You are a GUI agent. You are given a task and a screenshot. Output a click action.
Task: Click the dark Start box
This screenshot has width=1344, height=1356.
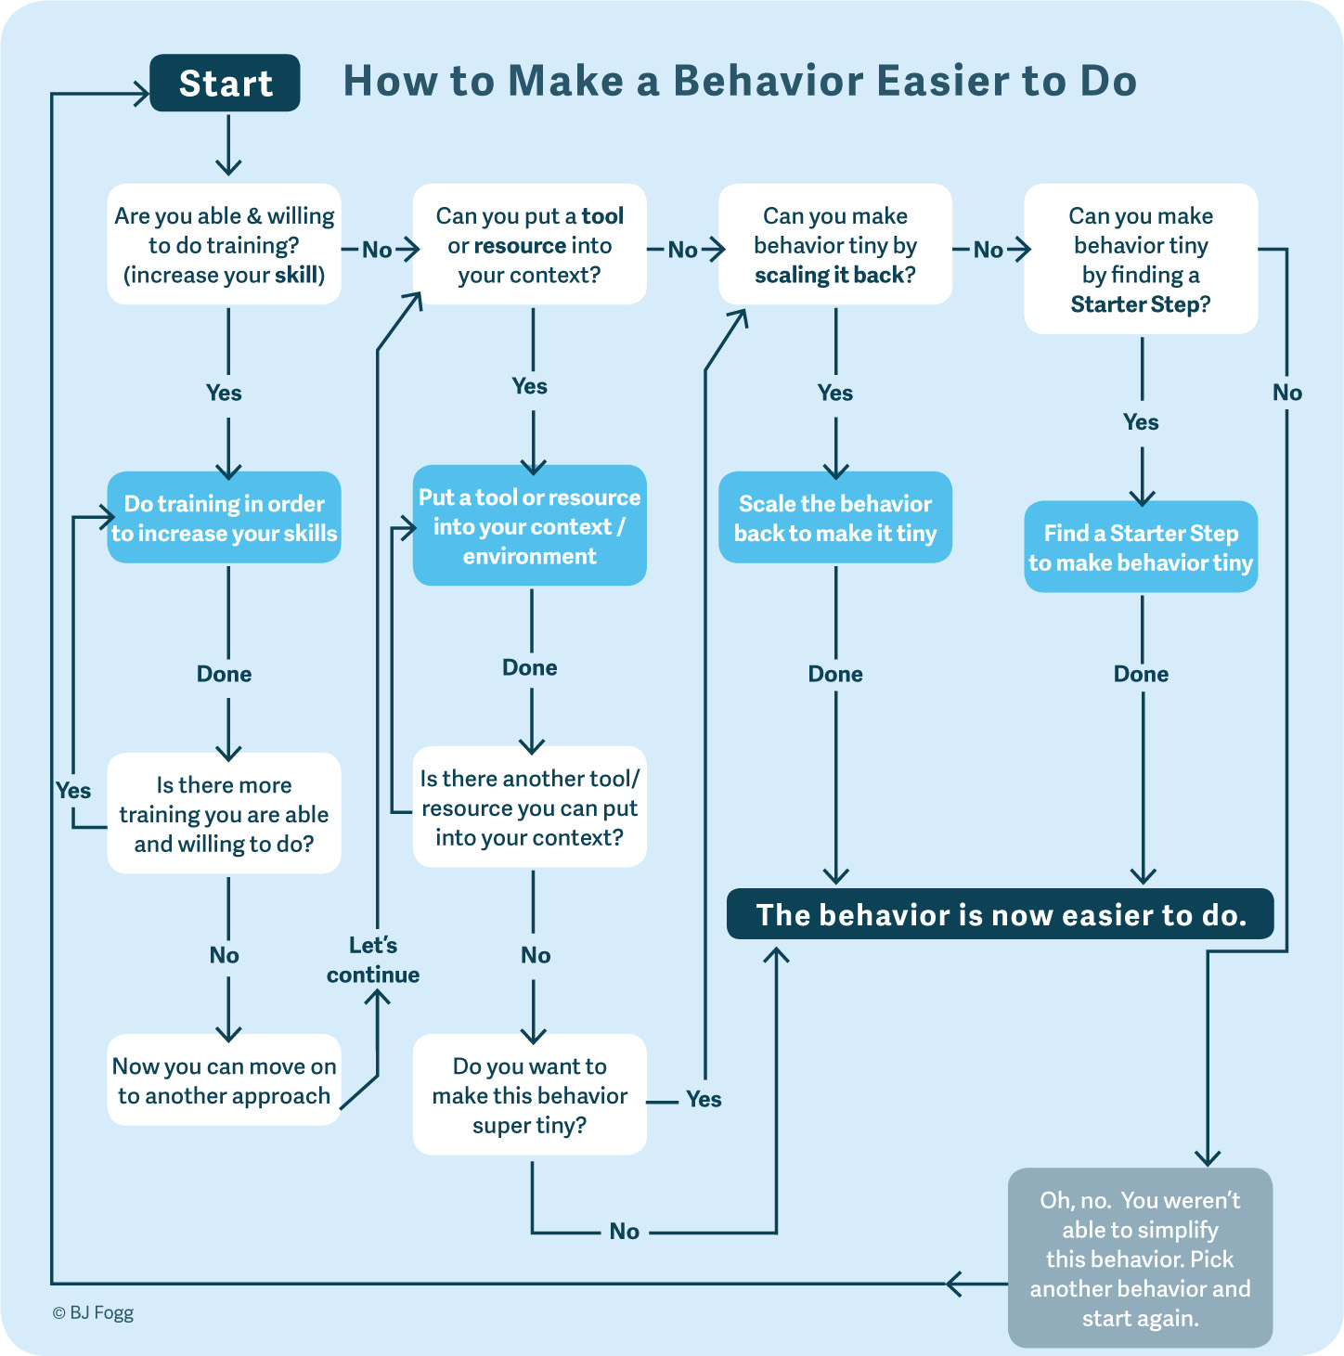226,83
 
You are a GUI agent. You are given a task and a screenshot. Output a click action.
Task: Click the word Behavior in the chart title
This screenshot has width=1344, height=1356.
769,81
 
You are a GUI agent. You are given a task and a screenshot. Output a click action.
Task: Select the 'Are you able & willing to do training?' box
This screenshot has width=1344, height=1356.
224,244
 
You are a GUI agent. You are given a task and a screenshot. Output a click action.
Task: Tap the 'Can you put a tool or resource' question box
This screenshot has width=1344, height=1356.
529,244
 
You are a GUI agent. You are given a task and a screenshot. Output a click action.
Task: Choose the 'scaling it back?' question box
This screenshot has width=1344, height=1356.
835,244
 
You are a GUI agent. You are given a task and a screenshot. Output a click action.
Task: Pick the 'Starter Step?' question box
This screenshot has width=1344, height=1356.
1141,259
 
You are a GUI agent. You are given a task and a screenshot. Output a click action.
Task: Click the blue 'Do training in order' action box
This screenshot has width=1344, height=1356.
224,517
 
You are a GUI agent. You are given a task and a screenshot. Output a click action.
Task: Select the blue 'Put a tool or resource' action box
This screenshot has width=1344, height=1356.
529,525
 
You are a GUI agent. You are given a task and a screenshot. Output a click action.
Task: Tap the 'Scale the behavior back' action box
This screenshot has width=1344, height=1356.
835,517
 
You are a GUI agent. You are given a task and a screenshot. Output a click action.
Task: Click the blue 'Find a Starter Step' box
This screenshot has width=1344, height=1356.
1141,547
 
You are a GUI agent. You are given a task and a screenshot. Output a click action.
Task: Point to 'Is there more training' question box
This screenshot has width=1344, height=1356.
224,813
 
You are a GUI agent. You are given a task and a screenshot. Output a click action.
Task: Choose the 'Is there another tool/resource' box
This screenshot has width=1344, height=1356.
529,807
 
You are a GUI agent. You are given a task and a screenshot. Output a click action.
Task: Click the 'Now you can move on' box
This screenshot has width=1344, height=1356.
224,1080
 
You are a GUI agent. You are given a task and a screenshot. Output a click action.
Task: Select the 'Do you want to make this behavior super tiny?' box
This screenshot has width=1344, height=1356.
529,1095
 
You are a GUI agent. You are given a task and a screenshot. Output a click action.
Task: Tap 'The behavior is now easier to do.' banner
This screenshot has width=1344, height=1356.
1001,914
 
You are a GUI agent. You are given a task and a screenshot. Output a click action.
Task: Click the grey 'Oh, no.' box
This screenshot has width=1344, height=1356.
1140,1259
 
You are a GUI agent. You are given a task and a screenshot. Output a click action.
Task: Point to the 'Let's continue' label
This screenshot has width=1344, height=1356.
373,960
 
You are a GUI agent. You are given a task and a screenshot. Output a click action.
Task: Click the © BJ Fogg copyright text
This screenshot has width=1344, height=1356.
93,1313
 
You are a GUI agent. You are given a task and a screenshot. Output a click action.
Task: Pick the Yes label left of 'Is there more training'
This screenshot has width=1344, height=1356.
73,791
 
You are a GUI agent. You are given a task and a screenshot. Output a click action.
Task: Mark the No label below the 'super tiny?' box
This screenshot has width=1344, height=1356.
625,1232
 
